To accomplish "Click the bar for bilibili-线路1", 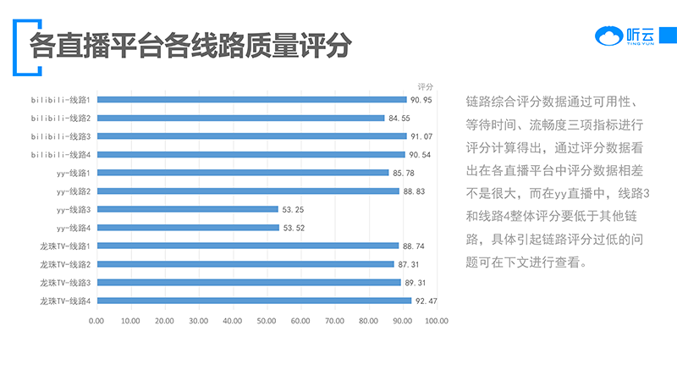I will coord(251,100).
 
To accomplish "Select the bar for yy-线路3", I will coord(187,209).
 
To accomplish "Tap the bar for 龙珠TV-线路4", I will coord(254,301).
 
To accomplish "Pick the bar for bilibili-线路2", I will coord(240,118).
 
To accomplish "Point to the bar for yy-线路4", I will coord(188,228).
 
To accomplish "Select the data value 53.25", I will coord(292,209).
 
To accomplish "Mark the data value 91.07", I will coord(421,136).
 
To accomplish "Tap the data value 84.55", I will coord(399,118).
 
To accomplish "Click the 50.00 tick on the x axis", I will coord(267,321).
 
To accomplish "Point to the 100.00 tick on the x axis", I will coord(437,321).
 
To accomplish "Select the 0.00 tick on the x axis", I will coord(96,321).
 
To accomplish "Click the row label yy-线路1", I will coord(74,173).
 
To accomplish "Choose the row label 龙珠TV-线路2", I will coord(65,264).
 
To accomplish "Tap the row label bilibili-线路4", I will coord(61,154).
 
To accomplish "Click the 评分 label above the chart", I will coord(426,86).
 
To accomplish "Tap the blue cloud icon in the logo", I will coord(608,36).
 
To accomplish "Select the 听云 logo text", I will coord(640,35).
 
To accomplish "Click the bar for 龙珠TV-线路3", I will coord(249,282).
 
